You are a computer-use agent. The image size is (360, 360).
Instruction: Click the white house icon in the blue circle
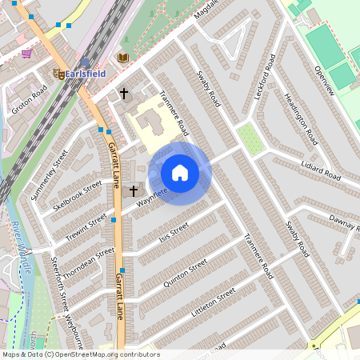click(x=180, y=173)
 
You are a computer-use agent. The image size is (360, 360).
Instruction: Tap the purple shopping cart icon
click(x=27, y=54)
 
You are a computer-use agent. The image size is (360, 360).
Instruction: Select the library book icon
click(x=122, y=58)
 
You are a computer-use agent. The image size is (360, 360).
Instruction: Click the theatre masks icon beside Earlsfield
click(x=58, y=73)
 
